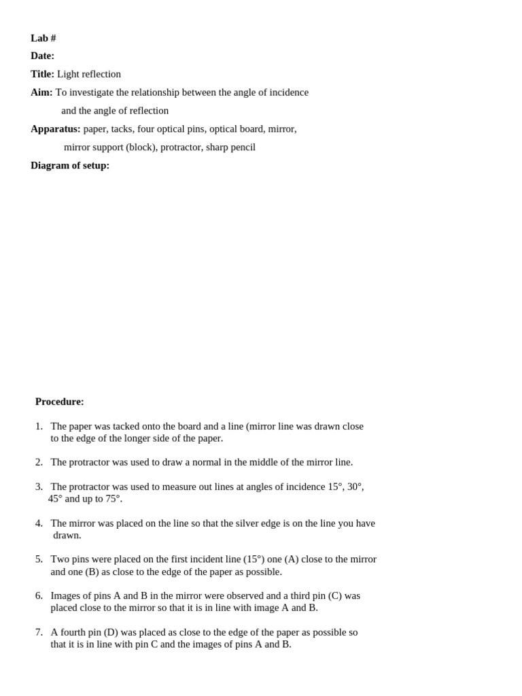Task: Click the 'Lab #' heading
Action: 43,38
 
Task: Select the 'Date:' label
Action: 42,56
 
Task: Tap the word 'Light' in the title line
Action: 68,74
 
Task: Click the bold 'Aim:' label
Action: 41,92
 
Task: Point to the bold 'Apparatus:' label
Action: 55,128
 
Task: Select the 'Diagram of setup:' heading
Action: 70,165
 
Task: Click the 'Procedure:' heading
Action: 60,402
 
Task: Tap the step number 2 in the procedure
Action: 39,462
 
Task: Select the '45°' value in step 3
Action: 55,499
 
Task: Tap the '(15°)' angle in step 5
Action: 254,559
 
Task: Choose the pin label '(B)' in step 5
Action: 92,572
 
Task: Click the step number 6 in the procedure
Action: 39,596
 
